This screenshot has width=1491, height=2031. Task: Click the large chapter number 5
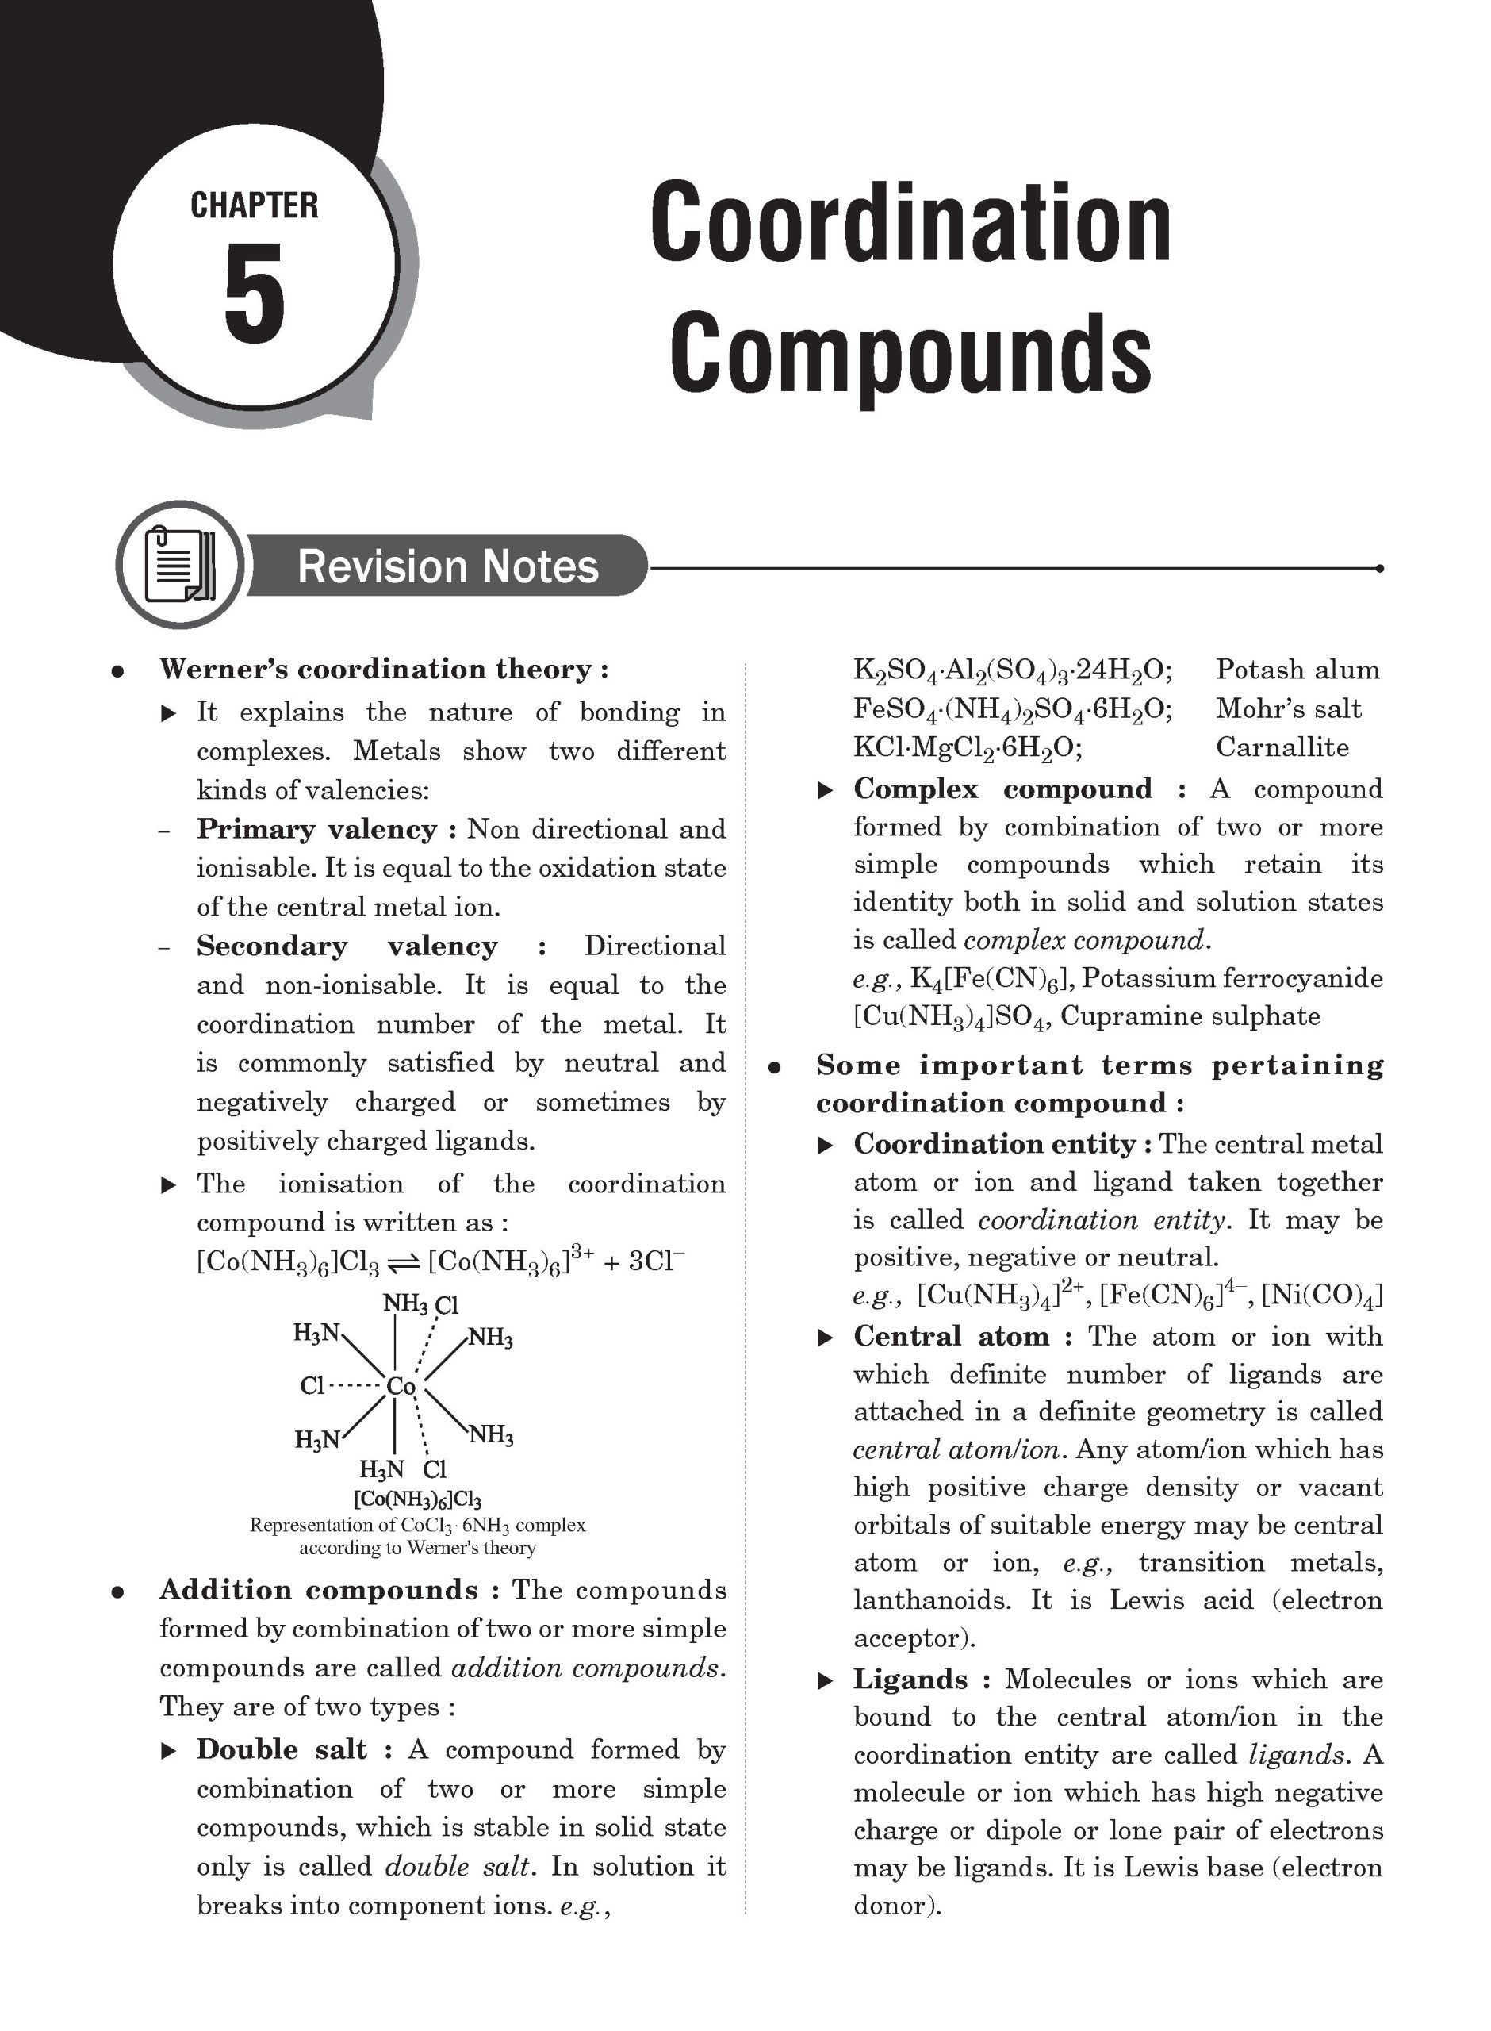pos(254,294)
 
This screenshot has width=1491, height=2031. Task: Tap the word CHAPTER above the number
pos(254,205)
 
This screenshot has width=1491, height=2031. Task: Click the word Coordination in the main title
pos(910,223)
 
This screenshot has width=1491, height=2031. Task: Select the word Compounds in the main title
pos(910,352)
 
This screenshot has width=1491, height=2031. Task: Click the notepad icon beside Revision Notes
pos(179,564)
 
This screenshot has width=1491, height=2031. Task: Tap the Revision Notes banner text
pos(447,566)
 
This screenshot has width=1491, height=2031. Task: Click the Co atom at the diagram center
pos(400,1385)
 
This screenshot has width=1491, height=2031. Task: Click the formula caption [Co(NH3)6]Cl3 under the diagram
pos(417,1499)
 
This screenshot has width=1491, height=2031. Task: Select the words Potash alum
pos(1297,670)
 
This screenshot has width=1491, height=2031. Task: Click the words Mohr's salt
pos(1288,708)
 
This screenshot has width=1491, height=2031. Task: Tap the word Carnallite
pos(1282,747)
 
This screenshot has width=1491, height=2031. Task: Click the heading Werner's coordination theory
pos(384,669)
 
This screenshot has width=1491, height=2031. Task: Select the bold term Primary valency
pos(316,828)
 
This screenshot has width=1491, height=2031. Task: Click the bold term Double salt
pos(282,1749)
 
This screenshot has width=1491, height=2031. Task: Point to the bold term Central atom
pos(951,1336)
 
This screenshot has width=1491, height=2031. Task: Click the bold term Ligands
pos(910,1679)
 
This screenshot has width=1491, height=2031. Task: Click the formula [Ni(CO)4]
pos(1321,1296)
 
